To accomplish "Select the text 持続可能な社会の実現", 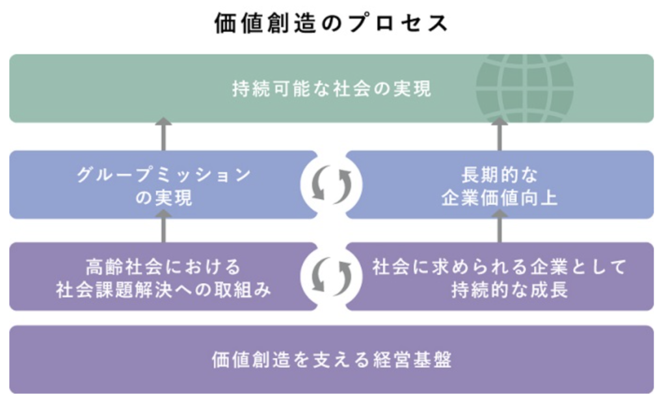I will coord(331,89).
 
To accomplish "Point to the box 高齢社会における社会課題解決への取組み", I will coord(163,277).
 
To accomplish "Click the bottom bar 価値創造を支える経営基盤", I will coord(331,359).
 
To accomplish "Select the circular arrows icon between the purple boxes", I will coord(332,277).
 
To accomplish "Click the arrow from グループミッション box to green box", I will coord(163,135).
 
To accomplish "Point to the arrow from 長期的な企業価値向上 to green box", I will coord(499,135).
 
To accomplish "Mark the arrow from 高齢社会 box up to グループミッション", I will coord(163,229).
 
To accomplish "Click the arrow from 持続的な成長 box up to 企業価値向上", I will coord(499,229).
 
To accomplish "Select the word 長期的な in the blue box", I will coord(499,175).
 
